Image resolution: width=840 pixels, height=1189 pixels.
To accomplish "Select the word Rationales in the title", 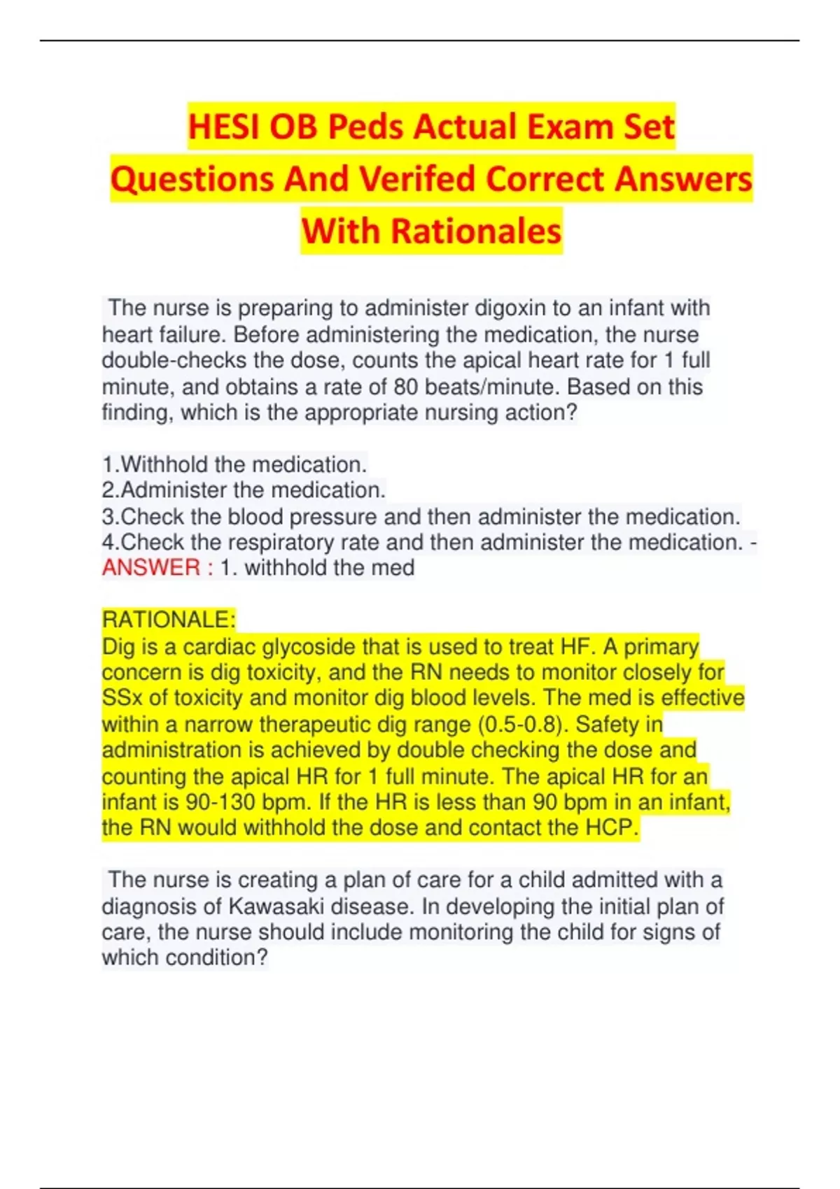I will point(476,231).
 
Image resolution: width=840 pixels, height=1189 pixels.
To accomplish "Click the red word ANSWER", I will point(151,568).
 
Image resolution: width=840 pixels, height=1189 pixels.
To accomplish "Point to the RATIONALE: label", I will point(169,620).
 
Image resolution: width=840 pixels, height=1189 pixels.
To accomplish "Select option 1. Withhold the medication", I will point(234,464).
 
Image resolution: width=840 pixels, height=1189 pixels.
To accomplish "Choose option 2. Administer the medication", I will point(244,490).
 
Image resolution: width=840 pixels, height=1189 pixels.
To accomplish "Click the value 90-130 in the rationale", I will point(218,802).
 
